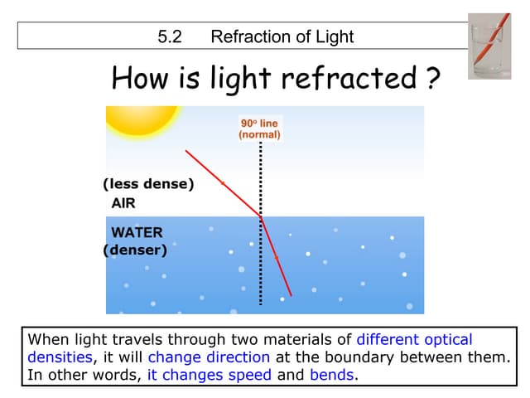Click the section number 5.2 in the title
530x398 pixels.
click(170, 36)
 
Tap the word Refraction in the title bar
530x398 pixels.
click(250, 36)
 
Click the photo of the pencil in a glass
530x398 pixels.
click(489, 46)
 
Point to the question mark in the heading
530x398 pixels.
click(432, 78)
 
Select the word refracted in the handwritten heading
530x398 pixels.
click(349, 78)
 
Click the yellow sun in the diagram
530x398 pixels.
click(142, 121)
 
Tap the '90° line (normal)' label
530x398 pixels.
click(259, 129)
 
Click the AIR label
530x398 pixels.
click(123, 203)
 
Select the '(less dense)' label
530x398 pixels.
click(148, 184)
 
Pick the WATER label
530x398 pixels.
click(137, 232)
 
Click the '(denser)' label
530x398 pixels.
click(135, 250)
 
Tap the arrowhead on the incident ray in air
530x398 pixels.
click(223, 183)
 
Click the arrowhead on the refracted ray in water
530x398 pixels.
click(277, 259)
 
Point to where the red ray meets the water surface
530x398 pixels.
click(261, 216)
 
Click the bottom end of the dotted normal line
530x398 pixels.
click(261, 304)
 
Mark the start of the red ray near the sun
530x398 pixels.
click(185, 151)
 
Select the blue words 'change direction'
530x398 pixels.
click(209, 357)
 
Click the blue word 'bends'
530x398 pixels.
click(332, 375)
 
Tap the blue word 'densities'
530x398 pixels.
click(60, 357)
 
